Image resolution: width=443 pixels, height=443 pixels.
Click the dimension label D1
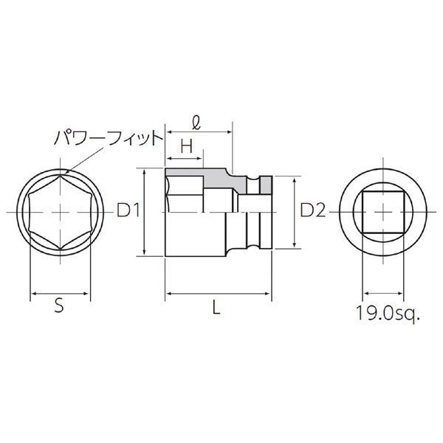[129, 211]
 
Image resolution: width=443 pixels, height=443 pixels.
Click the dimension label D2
[313, 211]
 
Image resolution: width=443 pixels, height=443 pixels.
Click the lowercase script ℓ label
[196, 118]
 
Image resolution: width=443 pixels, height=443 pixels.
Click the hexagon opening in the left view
[59, 211]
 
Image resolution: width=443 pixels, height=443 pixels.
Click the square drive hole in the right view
[385, 211]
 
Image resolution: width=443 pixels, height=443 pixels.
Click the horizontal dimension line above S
[59, 294]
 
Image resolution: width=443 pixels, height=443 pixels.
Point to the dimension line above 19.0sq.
[385, 294]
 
